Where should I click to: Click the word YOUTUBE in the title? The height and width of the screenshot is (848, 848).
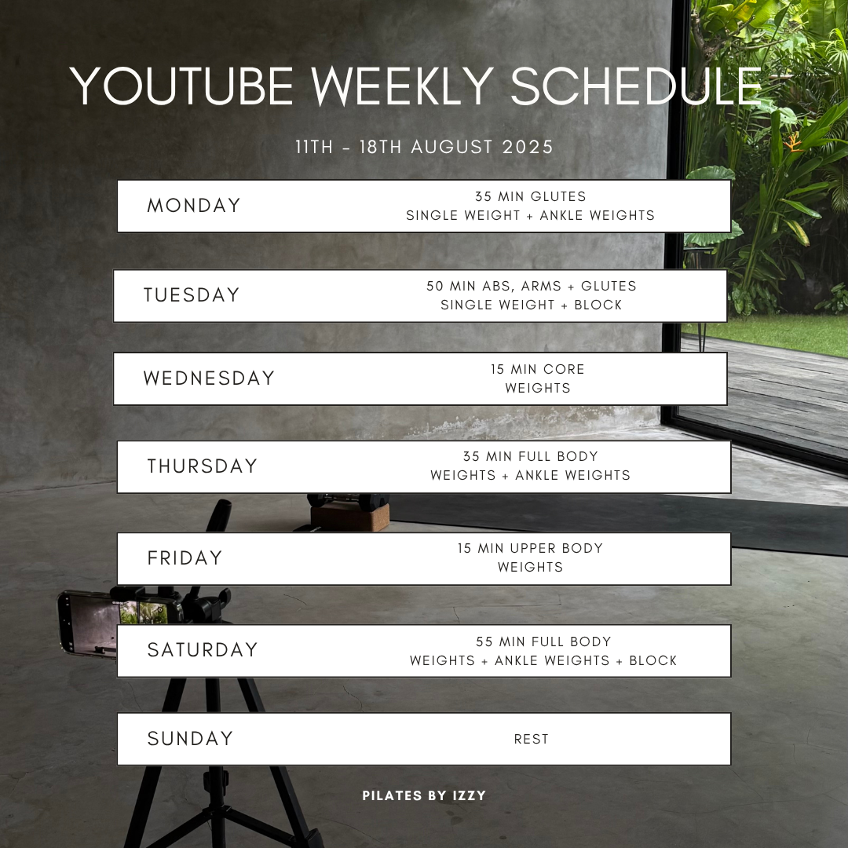(181, 86)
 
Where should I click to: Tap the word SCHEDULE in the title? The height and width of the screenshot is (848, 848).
(636, 86)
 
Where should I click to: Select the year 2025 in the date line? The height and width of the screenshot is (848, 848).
(528, 147)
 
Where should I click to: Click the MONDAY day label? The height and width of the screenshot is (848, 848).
(194, 206)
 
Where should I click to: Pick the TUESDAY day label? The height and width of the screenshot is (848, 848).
(192, 295)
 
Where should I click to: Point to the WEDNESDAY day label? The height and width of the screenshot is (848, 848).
(209, 378)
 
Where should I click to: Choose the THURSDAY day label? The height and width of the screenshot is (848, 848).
(203, 466)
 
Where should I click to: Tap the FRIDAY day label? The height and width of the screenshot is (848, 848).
(185, 558)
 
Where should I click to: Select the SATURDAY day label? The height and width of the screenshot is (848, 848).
(203, 650)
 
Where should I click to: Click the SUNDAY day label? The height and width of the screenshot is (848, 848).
(190, 739)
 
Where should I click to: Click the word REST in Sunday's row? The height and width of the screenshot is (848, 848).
(531, 740)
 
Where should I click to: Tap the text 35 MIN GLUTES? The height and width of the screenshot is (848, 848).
(531, 196)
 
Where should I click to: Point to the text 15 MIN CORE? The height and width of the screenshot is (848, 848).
(538, 369)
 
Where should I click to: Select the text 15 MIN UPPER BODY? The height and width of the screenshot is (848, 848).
(530, 548)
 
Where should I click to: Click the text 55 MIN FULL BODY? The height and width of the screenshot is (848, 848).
(543, 642)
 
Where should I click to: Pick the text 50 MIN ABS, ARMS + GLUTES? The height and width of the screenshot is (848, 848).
(531, 286)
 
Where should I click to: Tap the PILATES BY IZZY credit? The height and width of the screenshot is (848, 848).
(424, 795)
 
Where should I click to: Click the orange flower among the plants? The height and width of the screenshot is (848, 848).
(793, 144)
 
